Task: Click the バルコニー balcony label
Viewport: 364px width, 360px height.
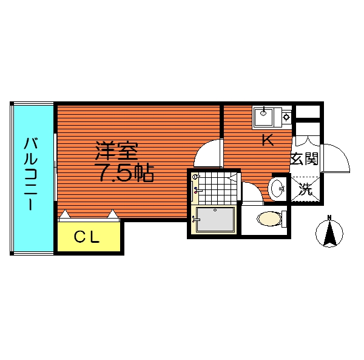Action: tap(31, 174)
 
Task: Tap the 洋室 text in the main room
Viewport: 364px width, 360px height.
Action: tap(116, 151)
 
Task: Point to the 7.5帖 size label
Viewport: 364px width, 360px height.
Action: tap(124, 173)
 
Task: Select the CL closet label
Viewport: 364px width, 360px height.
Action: tap(87, 237)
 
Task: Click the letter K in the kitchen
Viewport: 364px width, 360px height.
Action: tap(268, 140)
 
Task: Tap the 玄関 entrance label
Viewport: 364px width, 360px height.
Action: tap(305, 159)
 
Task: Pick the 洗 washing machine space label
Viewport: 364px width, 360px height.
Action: tap(305, 189)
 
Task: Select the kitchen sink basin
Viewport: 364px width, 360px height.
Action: tap(264, 117)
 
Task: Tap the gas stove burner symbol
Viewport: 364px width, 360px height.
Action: tap(287, 117)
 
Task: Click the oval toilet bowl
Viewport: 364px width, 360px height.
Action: tap(269, 219)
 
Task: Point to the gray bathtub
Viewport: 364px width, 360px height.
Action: tap(215, 219)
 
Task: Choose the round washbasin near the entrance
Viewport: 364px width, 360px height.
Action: tap(277, 189)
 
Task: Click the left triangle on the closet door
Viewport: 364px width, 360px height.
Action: tap(66, 214)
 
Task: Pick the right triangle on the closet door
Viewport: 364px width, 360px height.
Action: tap(113, 214)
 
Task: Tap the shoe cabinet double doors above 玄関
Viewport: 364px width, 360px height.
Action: tap(307, 141)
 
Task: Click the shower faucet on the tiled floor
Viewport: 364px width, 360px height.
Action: tap(197, 191)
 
